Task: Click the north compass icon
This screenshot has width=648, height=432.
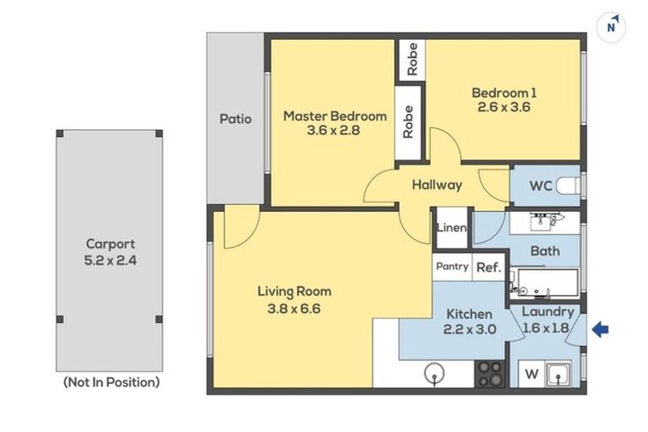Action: pos(611,27)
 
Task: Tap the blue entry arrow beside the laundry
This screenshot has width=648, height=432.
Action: pos(600,329)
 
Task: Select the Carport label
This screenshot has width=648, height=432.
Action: pos(111,244)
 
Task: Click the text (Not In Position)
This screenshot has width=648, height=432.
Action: pos(111,382)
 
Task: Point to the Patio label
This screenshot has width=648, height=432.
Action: pos(235,119)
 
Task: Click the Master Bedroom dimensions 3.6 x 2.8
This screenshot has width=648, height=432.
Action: pos(333,131)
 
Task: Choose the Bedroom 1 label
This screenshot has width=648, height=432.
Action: pos(505,93)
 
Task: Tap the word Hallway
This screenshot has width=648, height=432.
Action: pos(437,185)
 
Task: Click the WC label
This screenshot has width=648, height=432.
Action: pos(541,186)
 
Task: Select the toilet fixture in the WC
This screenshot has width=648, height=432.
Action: pos(568,186)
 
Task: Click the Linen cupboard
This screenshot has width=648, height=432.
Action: pos(452,228)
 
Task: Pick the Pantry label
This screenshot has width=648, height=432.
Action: pos(452,267)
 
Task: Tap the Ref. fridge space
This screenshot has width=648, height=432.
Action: pos(489,267)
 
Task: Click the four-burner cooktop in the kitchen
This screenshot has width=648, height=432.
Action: pos(489,374)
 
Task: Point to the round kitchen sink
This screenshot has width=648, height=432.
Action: pos(435,373)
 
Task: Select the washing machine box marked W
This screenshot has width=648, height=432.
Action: pos(532,374)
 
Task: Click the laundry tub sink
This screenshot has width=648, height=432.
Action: pos(558,374)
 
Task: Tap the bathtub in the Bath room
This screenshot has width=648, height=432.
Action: pos(545,283)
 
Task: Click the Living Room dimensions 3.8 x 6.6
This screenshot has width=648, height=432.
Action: pos(294,309)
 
